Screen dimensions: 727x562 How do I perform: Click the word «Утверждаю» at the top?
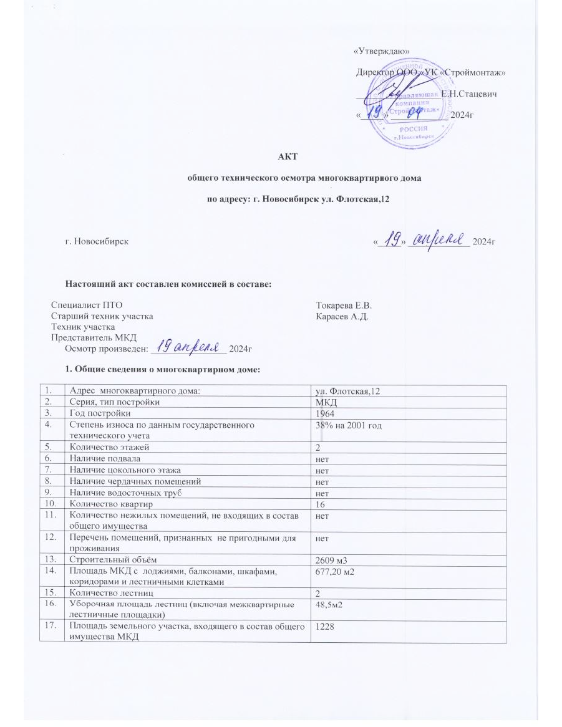[x=382, y=51]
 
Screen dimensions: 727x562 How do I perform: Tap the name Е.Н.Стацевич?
[x=468, y=93]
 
